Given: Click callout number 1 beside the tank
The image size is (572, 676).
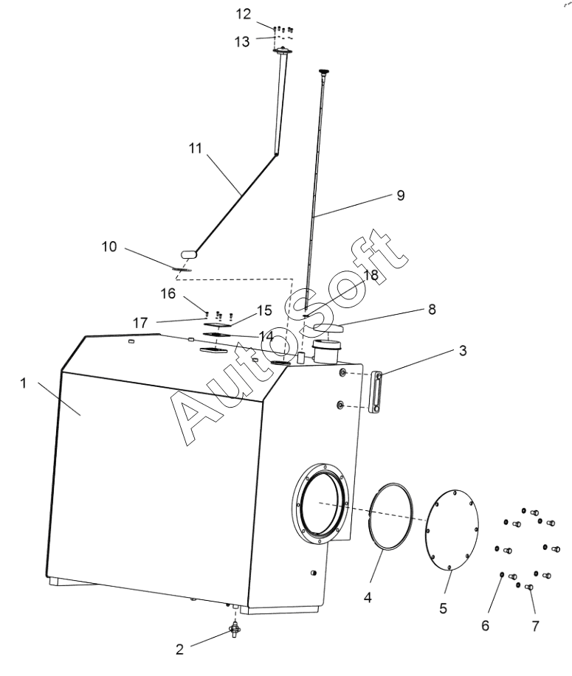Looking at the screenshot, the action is tap(24, 383).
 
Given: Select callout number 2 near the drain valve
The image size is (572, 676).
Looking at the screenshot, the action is tap(179, 649).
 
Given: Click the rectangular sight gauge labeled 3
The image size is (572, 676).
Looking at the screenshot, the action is tap(376, 392).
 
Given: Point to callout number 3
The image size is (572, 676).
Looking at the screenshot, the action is tap(463, 350).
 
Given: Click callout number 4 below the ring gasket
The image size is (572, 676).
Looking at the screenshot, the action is tap(368, 598).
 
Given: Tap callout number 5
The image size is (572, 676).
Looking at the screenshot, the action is tap(444, 608).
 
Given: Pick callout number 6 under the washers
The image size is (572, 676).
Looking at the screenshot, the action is tap(485, 626).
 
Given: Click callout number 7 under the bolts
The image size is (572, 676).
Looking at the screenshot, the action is tap(535, 626).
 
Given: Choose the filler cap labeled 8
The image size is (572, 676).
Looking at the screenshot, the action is tap(328, 329).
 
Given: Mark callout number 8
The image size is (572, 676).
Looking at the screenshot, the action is tap(432, 309).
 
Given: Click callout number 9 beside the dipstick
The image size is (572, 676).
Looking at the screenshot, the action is tap(401, 195).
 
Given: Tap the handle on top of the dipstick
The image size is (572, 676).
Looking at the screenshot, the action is tap(324, 71).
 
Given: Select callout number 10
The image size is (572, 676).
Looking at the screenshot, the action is tap(109, 247).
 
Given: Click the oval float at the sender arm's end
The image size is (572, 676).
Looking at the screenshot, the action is tap(189, 254).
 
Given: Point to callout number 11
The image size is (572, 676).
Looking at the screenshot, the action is tap(195, 148).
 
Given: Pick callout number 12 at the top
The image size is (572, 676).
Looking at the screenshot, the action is tap(243, 14).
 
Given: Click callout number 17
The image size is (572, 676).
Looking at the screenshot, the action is tap(140, 323).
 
